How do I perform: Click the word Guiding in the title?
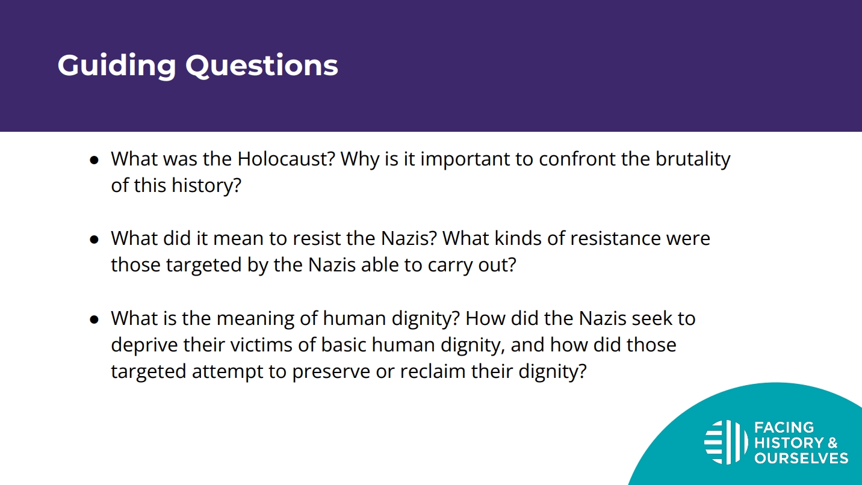(x=117, y=66)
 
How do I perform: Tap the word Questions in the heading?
(x=262, y=66)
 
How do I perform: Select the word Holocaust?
(x=287, y=158)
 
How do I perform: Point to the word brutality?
(x=693, y=159)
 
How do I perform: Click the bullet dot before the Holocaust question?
(x=95, y=160)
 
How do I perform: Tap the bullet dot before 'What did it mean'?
(x=95, y=239)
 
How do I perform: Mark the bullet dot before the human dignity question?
(x=95, y=320)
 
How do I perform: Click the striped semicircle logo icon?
(x=726, y=442)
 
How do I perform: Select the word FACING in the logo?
(x=784, y=427)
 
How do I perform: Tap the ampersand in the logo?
(x=832, y=443)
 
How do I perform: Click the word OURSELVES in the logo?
(x=801, y=458)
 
